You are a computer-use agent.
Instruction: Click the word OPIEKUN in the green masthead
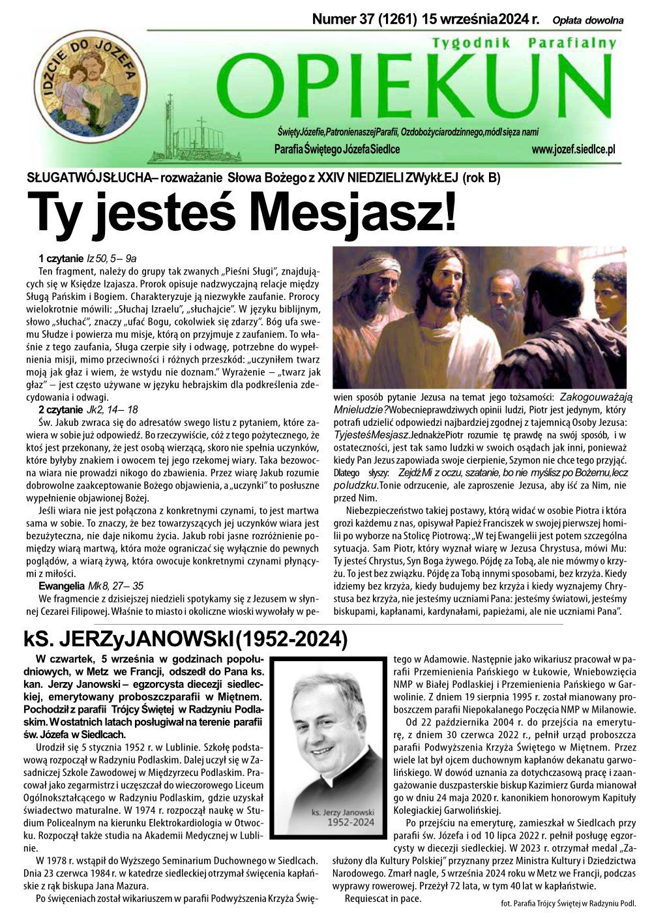(417, 85)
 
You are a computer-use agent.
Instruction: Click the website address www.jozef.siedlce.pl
(573, 149)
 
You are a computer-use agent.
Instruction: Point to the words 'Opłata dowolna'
(587, 20)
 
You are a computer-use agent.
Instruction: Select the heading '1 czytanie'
(61, 259)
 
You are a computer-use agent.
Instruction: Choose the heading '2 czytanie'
(61, 409)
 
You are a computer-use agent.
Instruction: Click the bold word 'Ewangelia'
(61, 586)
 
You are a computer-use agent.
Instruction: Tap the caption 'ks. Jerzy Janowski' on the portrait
(343, 812)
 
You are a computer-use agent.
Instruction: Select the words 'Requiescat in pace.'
(383, 899)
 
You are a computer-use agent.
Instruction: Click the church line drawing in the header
(196, 134)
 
